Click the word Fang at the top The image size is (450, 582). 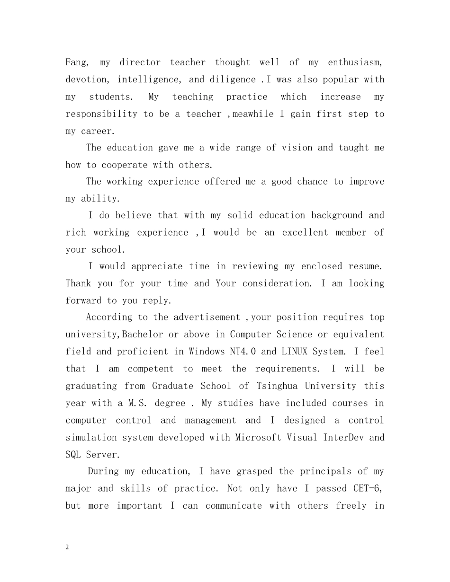(x=75, y=62)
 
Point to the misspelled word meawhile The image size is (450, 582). (x=253, y=114)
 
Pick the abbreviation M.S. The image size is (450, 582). (x=138, y=403)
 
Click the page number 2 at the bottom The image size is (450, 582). (x=67, y=547)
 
